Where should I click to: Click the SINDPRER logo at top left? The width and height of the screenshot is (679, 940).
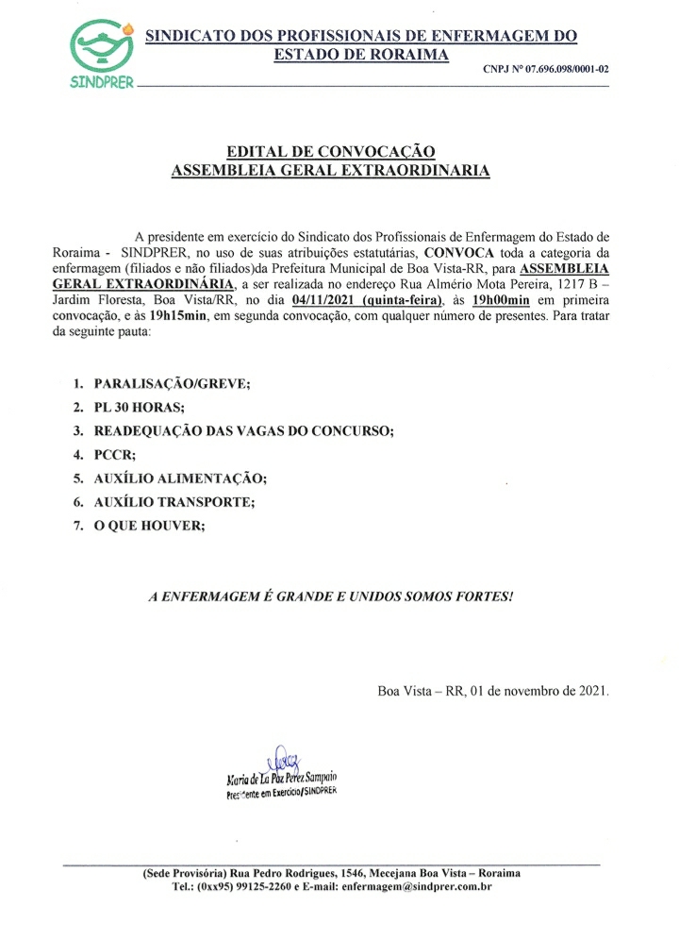pos(102,53)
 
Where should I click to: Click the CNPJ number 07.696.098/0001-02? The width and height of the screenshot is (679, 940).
pos(545,69)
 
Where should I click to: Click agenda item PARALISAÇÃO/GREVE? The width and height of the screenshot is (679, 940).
pos(174,385)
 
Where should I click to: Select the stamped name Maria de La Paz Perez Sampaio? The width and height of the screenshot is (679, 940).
pos(282,778)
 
